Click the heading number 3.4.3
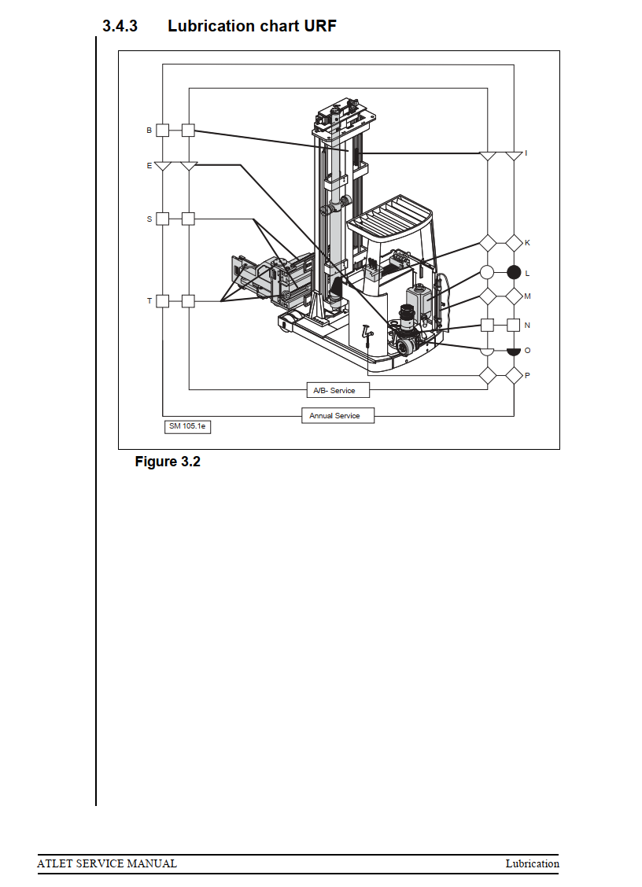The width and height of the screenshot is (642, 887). click(120, 26)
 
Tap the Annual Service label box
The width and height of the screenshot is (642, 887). click(337, 415)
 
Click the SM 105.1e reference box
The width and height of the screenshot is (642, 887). click(187, 426)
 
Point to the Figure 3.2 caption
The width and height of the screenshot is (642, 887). click(168, 462)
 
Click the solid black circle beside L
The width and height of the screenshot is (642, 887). click(514, 273)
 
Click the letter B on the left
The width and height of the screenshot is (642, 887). click(149, 131)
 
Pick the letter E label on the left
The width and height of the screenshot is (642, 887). click(149, 166)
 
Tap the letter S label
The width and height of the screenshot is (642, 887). click(149, 219)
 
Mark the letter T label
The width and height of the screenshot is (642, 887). click(149, 300)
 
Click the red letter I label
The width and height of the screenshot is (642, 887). click(526, 153)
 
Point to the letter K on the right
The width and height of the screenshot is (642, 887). click(527, 243)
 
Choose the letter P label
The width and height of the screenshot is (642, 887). click(527, 375)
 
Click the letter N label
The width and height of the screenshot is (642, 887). click(527, 324)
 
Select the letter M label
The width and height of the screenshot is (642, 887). click(527, 296)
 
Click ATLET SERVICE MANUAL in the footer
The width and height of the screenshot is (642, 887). click(107, 863)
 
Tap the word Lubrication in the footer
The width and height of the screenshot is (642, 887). click(532, 863)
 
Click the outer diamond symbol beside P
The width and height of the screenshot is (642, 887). click(514, 375)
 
